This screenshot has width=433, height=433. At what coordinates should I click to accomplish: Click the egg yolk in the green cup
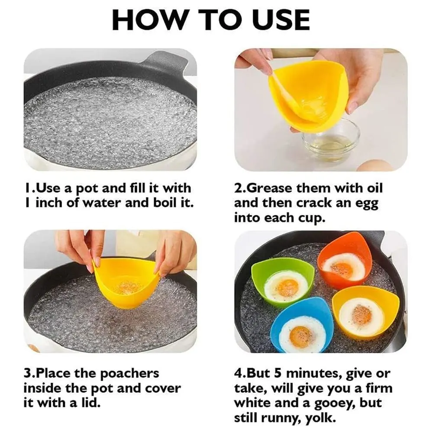point(287,288)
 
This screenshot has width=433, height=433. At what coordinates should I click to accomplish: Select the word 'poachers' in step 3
point(129,373)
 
